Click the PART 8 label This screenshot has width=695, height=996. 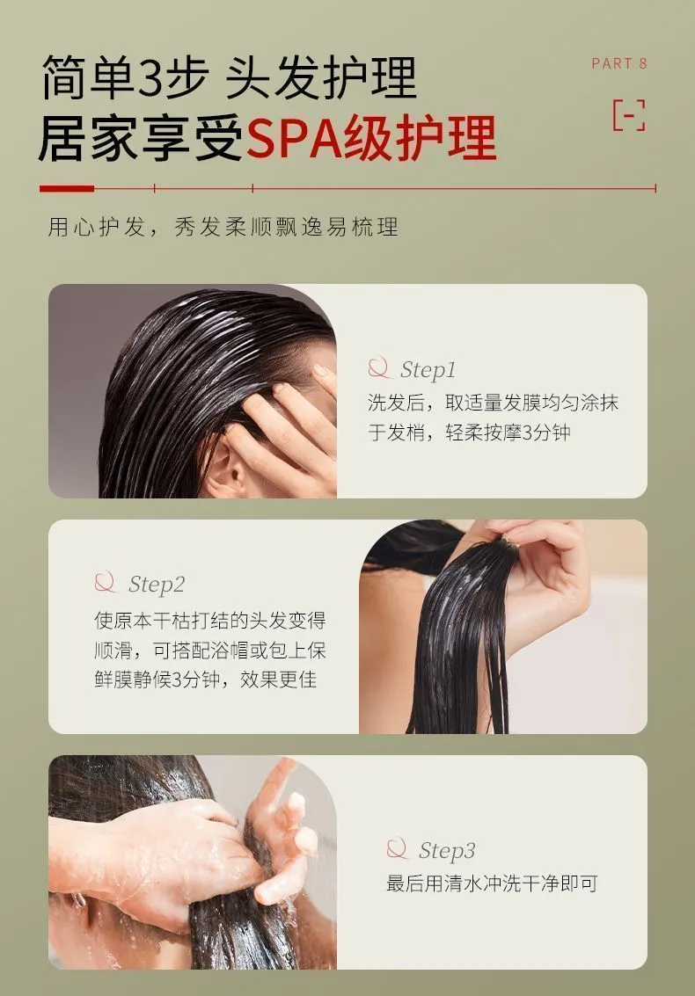pos(618,63)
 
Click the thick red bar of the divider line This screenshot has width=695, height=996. pos(67,188)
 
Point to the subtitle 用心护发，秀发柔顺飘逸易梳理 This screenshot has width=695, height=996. pos(223,227)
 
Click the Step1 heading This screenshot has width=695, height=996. pos(428,370)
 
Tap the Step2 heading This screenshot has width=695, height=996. pos(157,585)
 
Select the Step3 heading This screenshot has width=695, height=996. pos(446,851)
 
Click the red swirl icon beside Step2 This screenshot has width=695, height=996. pos(106,583)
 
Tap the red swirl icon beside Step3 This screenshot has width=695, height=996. pos(397,848)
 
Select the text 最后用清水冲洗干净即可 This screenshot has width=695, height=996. pos(492,883)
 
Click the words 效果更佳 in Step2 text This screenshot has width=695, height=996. pos(279,680)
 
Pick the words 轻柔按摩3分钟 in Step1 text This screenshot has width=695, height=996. pos(508,433)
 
